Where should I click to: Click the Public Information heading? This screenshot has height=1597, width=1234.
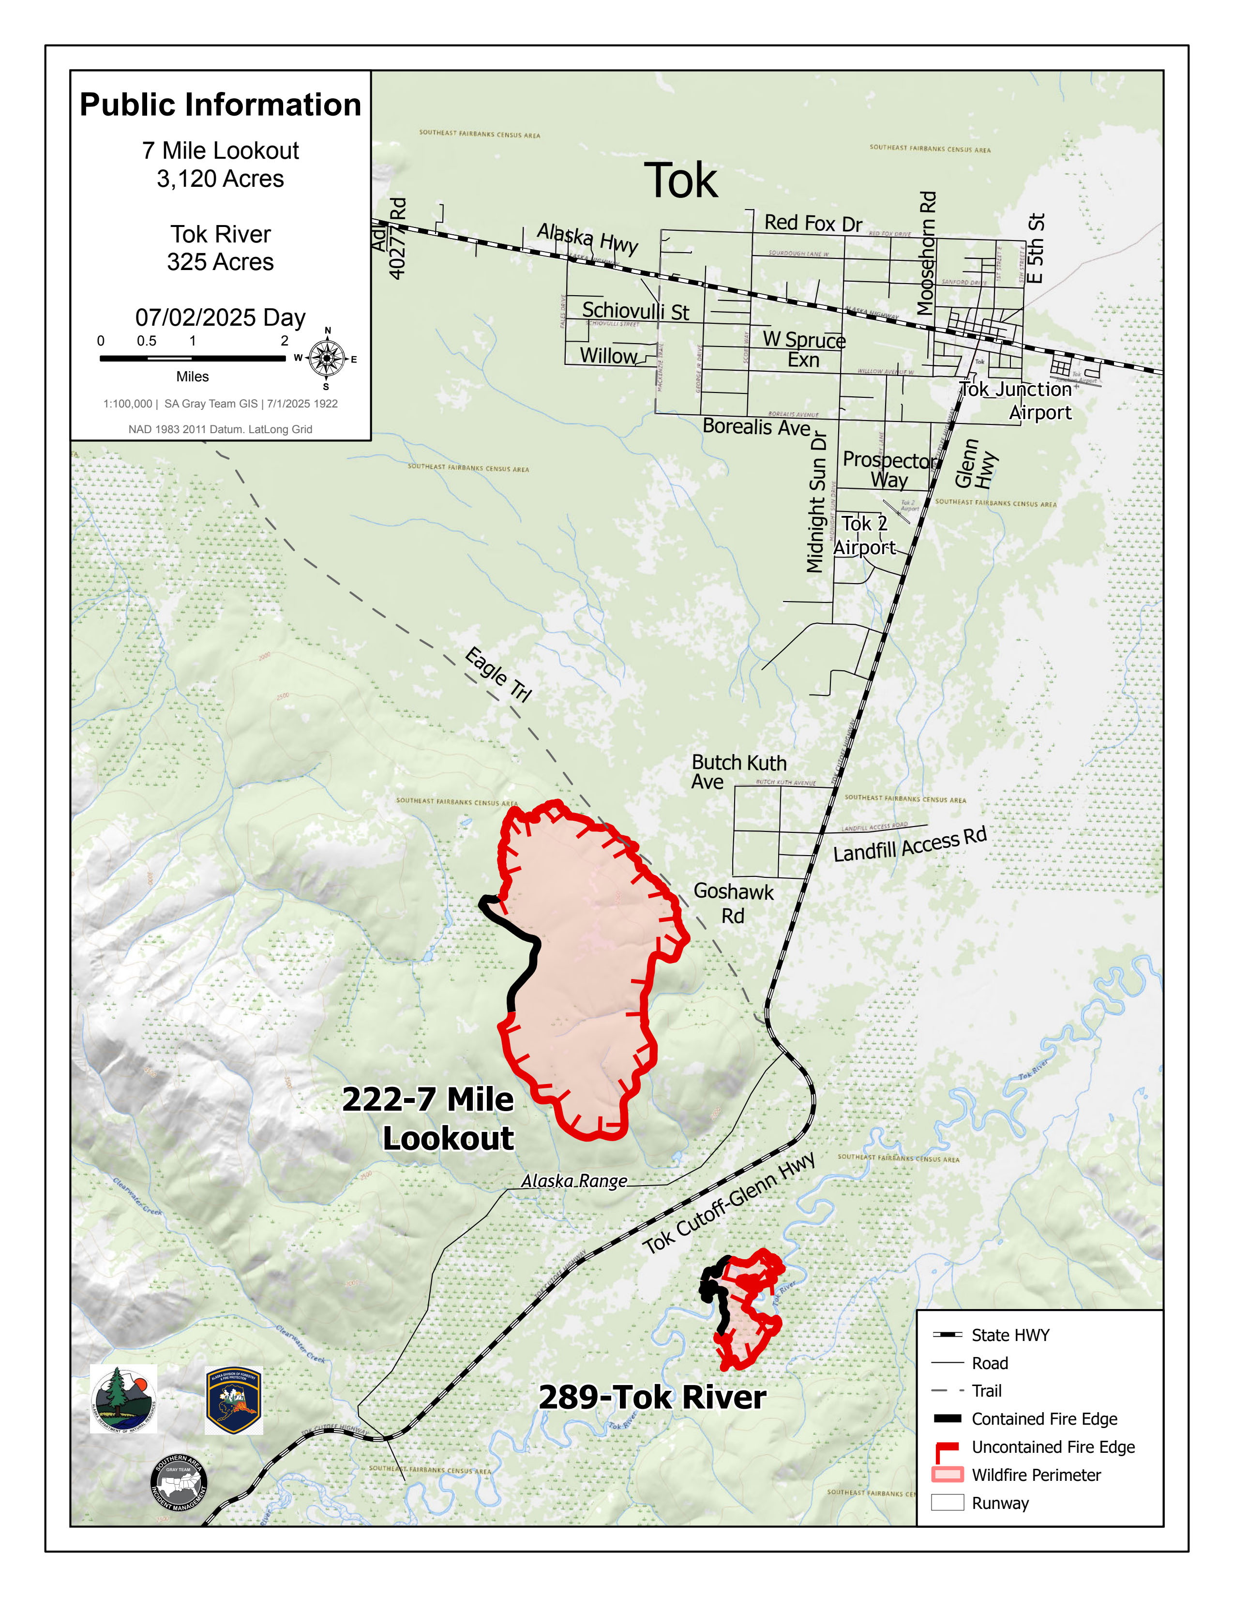220,105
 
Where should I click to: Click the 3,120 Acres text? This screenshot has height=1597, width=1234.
220,179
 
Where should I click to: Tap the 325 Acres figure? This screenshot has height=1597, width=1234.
220,262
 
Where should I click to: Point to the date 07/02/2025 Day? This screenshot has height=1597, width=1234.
220,317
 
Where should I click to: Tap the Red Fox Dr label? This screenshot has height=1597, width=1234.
813,223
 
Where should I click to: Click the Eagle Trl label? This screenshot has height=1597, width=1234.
498,674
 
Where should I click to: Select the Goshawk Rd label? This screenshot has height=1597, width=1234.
733,903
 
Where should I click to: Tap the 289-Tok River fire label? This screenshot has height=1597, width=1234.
652,1398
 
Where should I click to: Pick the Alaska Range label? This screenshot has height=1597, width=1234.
574,1181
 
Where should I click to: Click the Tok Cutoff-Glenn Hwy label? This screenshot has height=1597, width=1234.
729,1204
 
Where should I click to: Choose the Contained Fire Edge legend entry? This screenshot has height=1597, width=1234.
1043,1419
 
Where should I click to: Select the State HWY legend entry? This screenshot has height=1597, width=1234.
1009,1335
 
